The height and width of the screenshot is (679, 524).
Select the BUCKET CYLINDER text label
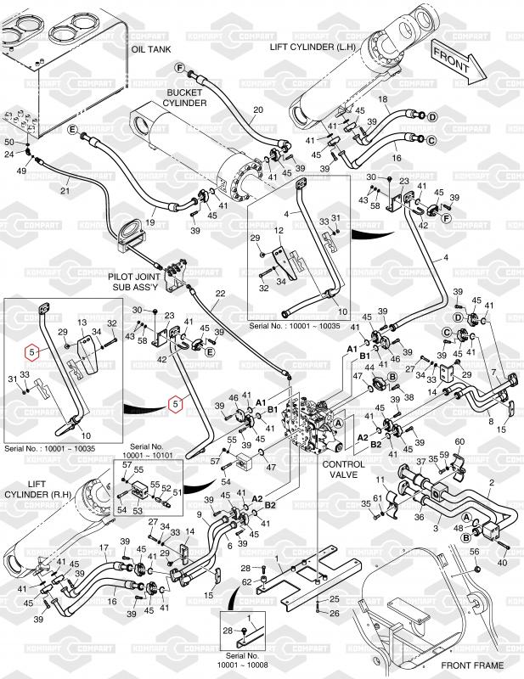click(186, 97)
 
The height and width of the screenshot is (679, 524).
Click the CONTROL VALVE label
click(343, 470)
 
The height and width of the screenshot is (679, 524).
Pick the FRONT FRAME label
click(468, 665)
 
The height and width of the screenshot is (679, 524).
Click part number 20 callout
click(258, 110)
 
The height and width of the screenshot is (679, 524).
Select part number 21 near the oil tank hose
click(65, 191)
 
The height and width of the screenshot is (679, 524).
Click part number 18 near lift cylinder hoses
click(382, 100)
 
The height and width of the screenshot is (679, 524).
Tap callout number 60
click(459, 442)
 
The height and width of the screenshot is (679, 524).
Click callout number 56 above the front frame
click(475, 553)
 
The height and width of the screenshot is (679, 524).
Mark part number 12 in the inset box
click(277, 231)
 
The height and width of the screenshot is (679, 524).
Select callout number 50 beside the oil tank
click(10, 141)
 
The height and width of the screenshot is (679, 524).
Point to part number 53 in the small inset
click(138, 511)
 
